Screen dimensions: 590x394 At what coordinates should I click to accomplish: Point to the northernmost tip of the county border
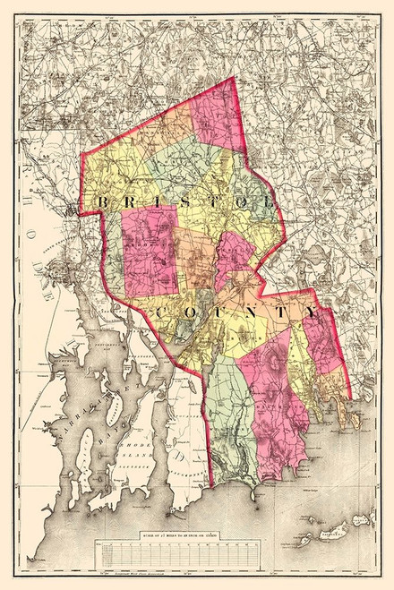pyautogui.click(x=235, y=78)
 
